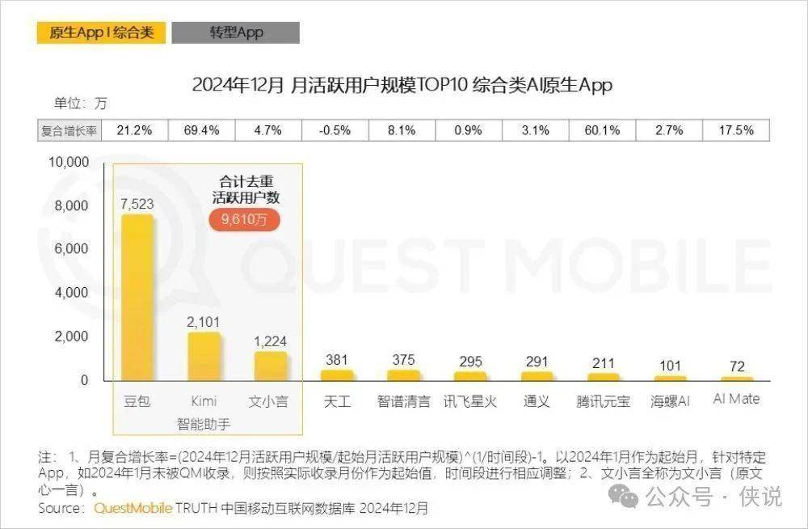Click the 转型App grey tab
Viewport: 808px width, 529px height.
click(236, 32)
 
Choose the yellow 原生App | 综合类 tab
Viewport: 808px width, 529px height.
click(101, 32)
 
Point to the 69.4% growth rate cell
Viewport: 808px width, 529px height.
click(203, 130)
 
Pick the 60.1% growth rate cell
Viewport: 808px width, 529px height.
click(603, 130)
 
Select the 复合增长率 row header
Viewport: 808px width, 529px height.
click(70, 130)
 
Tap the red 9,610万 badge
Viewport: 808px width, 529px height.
click(245, 220)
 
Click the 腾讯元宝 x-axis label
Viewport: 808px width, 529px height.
click(604, 400)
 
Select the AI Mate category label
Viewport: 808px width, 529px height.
click(736, 400)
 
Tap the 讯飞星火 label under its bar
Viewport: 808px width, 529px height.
click(470, 400)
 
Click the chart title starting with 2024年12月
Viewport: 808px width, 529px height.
click(402, 84)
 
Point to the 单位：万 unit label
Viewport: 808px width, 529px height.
click(80, 104)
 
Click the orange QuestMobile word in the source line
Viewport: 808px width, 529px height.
click(133, 508)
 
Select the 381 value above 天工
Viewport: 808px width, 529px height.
click(336, 360)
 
